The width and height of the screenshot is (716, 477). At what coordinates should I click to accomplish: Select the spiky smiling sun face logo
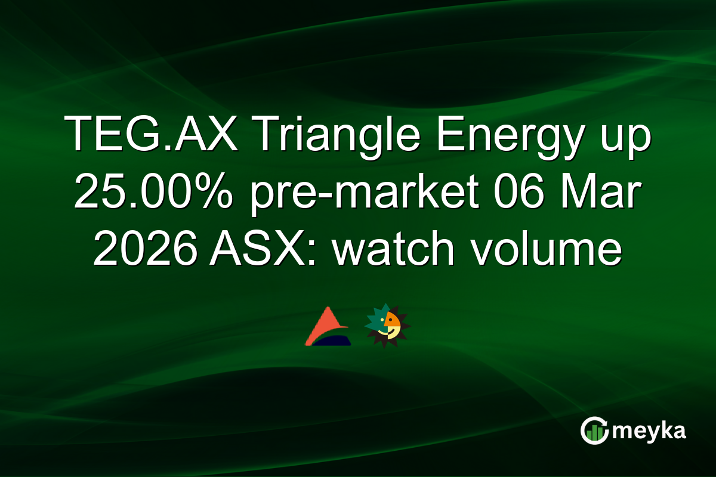coord(387,325)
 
